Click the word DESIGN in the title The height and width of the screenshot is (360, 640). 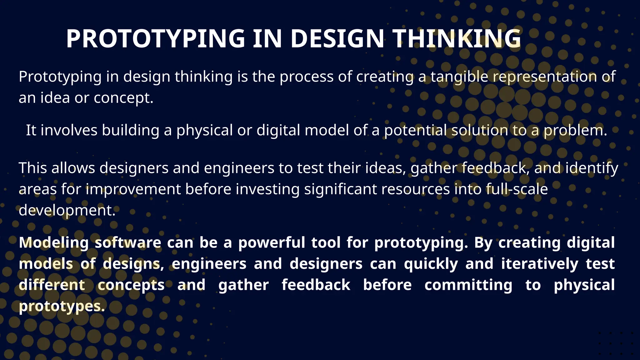[x=337, y=39]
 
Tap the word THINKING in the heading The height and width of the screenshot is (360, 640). [x=457, y=39]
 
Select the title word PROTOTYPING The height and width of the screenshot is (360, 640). [x=155, y=39]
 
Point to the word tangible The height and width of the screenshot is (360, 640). [x=459, y=77]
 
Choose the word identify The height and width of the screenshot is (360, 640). [x=592, y=168]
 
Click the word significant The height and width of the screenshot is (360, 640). [x=340, y=189]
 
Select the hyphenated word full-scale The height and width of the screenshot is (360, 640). [x=517, y=189]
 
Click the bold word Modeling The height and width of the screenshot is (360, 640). [x=54, y=243]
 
